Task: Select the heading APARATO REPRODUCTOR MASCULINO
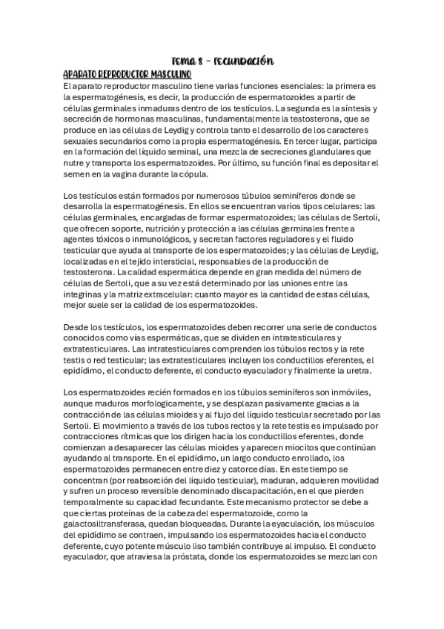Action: [x=127, y=75]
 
